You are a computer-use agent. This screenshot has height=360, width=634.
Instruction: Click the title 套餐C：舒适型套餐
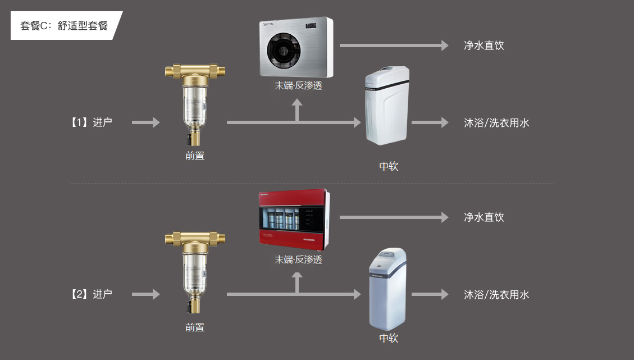click(63, 26)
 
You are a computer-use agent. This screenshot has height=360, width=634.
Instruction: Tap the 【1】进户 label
click(91, 122)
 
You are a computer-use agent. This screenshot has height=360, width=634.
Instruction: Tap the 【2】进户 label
click(91, 294)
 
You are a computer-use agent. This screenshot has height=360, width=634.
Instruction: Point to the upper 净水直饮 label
click(484, 45)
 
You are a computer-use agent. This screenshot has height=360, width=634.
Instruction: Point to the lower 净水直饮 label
click(484, 217)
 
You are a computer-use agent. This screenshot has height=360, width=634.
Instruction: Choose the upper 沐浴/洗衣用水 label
click(496, 122)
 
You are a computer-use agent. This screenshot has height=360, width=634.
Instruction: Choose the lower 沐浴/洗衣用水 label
click(496, 294)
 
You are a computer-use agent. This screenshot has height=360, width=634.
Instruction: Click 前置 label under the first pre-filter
click(195, 156)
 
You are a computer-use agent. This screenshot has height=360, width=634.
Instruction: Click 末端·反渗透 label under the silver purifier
click(298, 86)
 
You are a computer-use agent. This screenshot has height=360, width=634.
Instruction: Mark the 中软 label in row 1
click(389, 166)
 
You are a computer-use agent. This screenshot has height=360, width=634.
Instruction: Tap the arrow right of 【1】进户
click(146, 122)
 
